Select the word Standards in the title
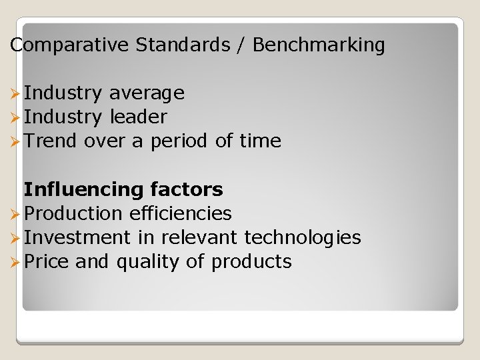pyautogui.click(x=182, y=45)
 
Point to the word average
pyautogui.click(x=147, y=93)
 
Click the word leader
pyautogui.click(x=138, y=117)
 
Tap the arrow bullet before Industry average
pyautogui.click(x=16, y=93)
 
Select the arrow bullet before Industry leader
pyautogui.click(x=16, y=117)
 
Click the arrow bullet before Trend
pyautogui.click(x=16, y=141)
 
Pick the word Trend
pyautogui.click(x=51, y=141)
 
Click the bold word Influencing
pyautogui.click(x=84, y=190)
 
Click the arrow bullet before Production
pyautogui.click(x=16, y=214)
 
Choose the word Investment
pyautogui.click(x=77, y=237)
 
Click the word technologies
pyautogui.click(x=303, y=237)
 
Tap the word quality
pyautogui.click(x=148, y=262)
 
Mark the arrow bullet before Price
pyautogui.click(x=16, y=262)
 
